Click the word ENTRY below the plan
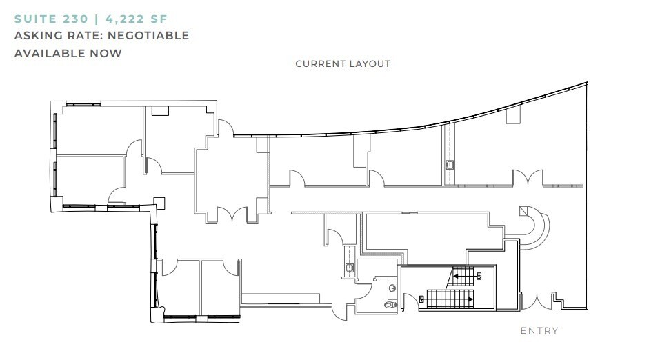click(x=539, y=330)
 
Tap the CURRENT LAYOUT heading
click(x=343, y=63)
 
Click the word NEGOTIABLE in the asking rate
click(x=148, y=35)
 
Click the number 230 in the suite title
click(x=76, y=19)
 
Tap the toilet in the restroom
click(x=390, y=304)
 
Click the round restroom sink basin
click(x=392, y=288)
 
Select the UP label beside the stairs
click(x=479, y=277)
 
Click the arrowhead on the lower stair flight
click(x=470, y=299)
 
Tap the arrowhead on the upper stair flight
click(x=455, y=277)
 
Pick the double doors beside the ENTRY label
click(x=537, y=301)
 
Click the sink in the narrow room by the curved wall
click(x=450, y=165)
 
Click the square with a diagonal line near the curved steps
click(x=523, y=210)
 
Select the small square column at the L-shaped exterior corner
click(x=159, y=203)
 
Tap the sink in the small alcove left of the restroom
click(x=350, y=268)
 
